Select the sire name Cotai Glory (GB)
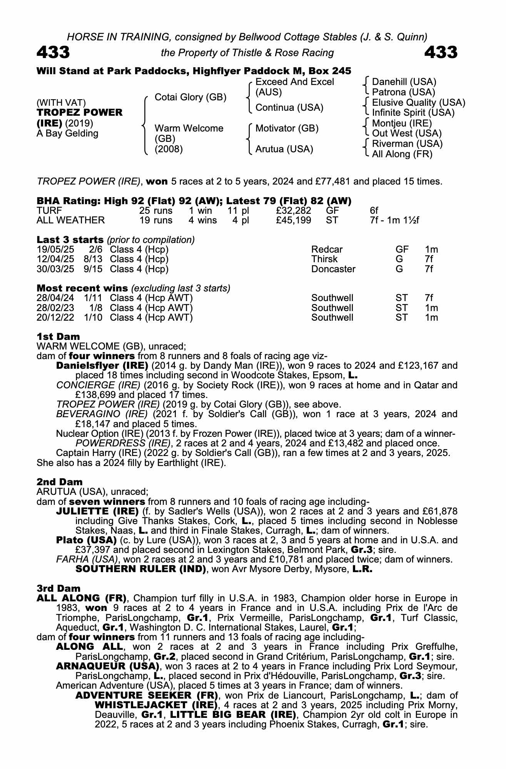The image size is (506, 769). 190,97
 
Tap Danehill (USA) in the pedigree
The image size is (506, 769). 404,82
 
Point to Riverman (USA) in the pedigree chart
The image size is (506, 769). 407,144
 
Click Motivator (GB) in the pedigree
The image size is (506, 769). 287,128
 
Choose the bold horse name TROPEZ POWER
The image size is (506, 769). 80,113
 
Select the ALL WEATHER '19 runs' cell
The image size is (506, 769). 156,220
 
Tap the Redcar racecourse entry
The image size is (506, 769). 327,250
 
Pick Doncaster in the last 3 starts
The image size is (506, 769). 333,269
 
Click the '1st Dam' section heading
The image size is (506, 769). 58,337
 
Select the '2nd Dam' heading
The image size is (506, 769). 60,482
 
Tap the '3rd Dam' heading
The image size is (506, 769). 58,589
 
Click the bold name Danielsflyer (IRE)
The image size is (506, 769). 102,365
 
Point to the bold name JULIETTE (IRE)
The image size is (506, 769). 97,511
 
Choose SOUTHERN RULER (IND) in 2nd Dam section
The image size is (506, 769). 141,569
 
